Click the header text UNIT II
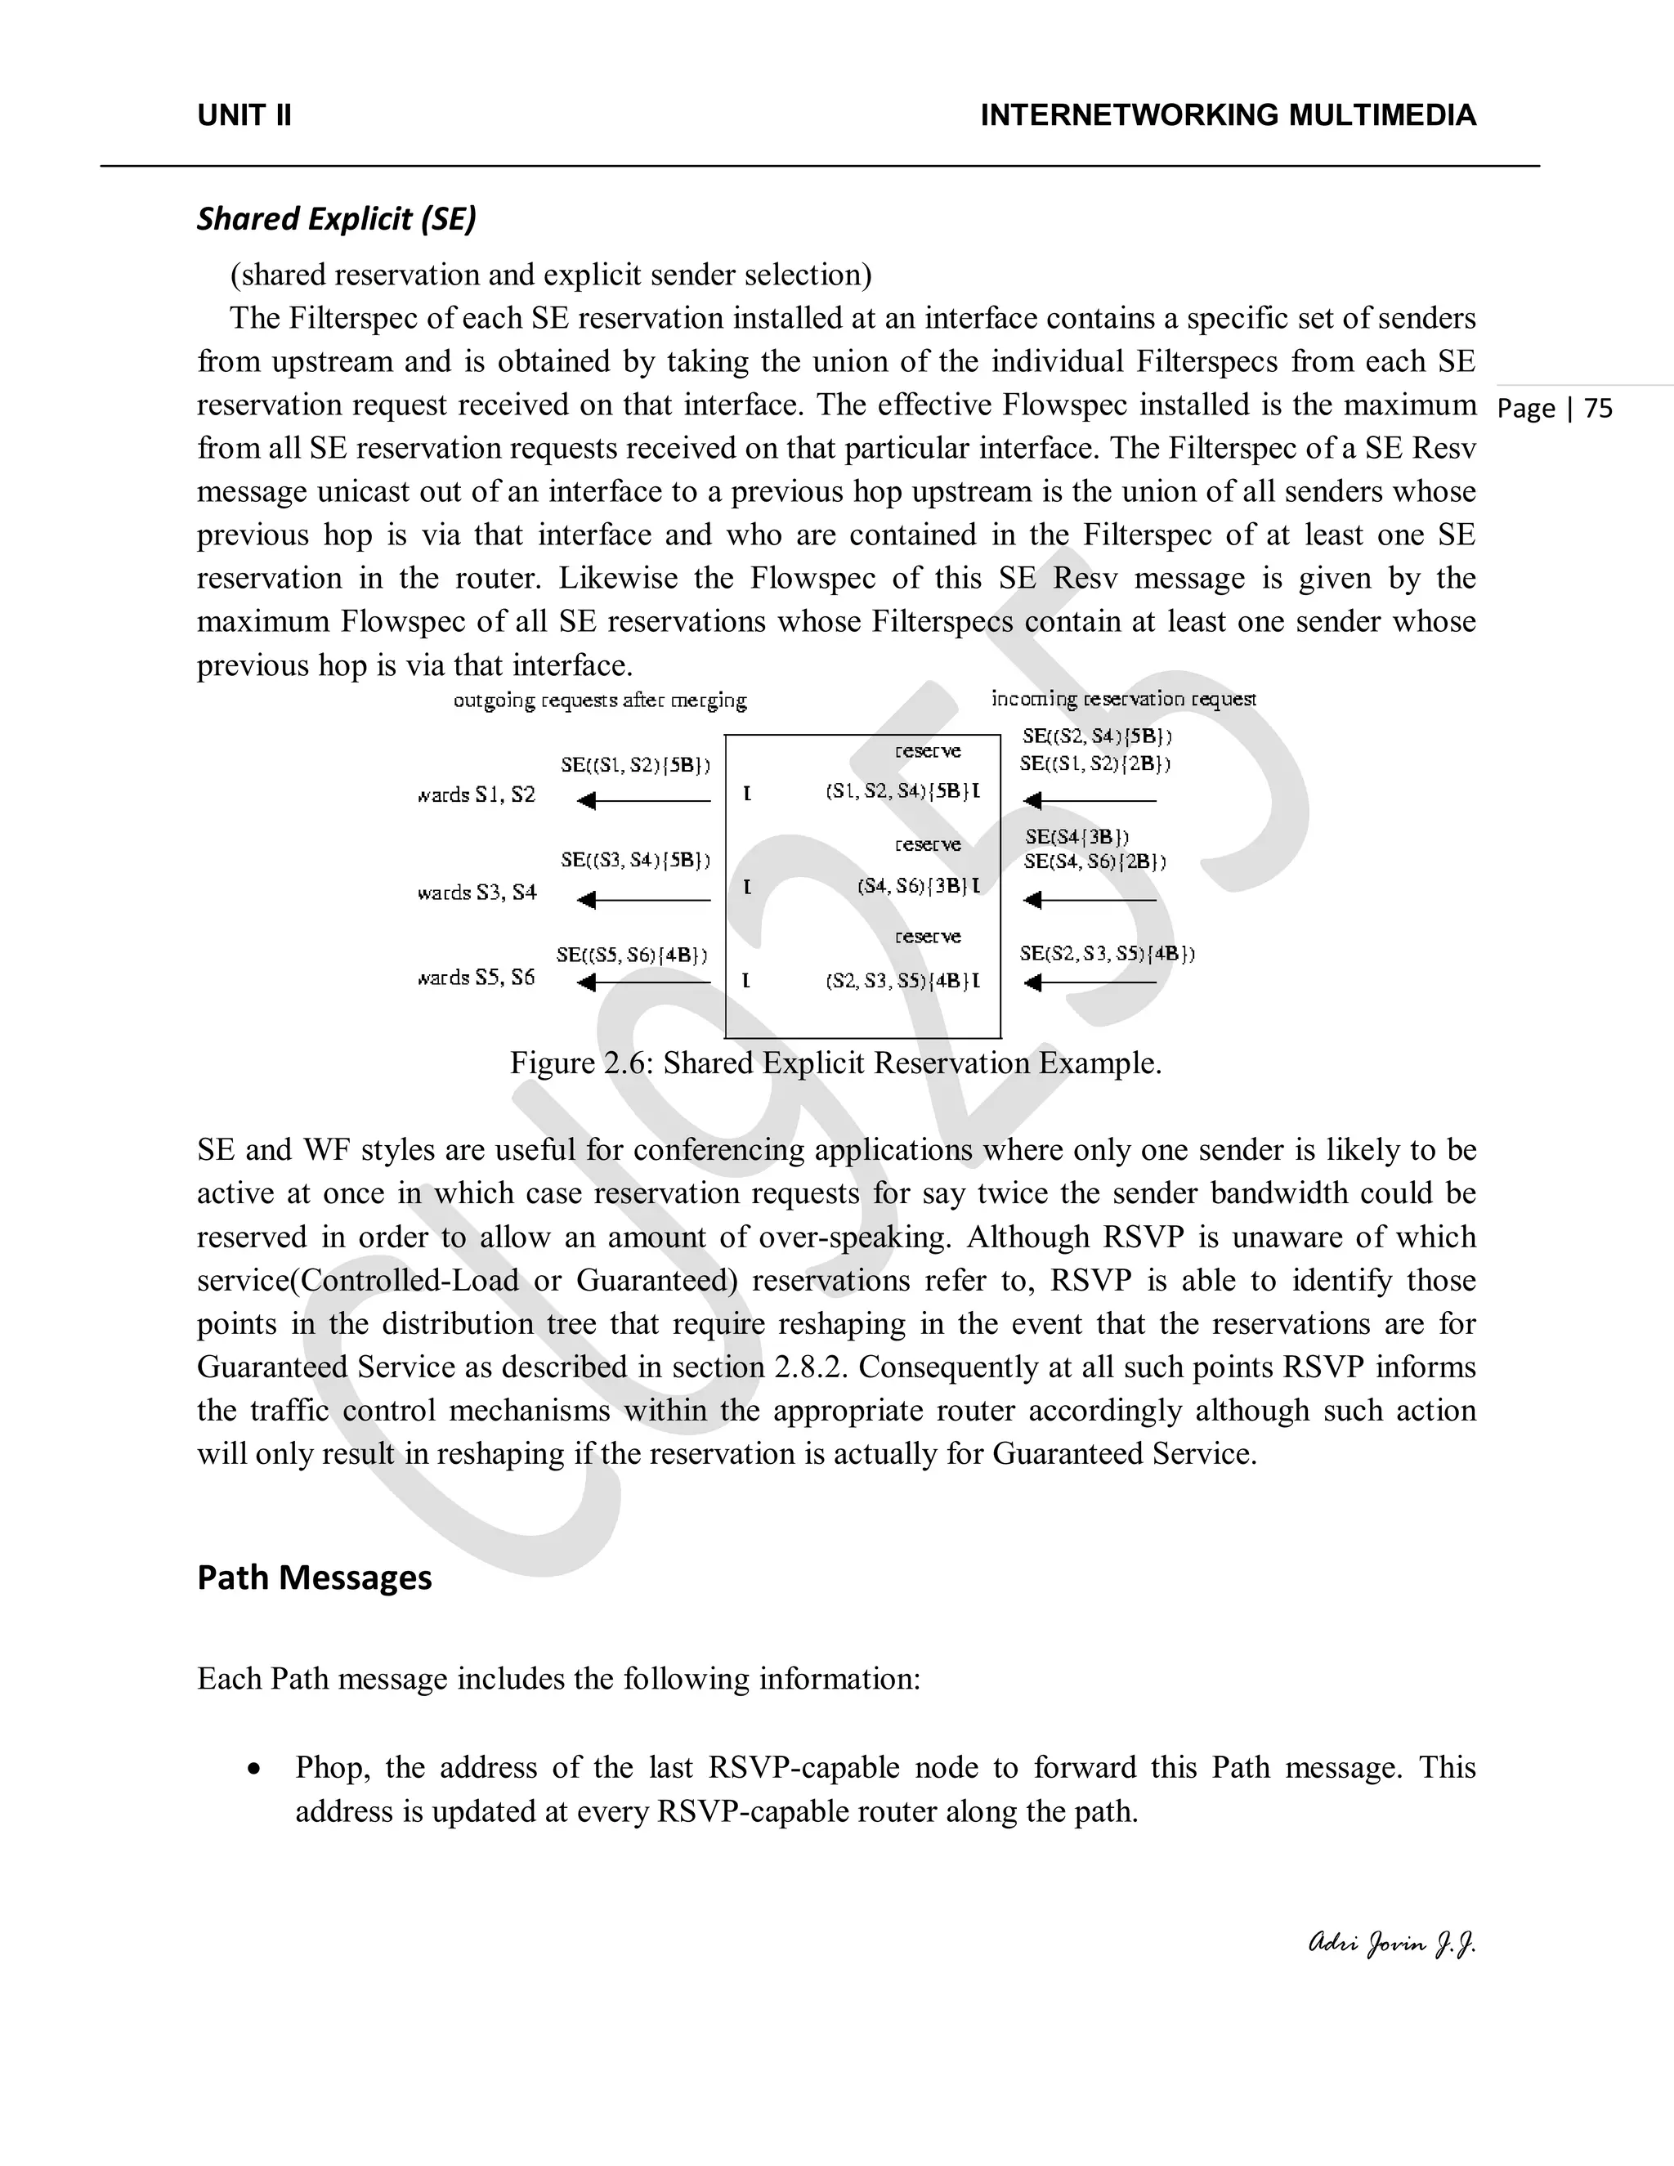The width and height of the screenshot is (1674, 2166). [x=244, y=115]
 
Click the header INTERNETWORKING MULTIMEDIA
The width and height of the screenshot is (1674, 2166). [x=1228, y=115]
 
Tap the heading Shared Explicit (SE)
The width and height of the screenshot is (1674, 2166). [x=336, y=218]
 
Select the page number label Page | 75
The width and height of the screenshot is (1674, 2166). [x=1555, y=409]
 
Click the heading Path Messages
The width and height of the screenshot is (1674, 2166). [x=315, y=1577]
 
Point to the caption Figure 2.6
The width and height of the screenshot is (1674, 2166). [x=835, y=1063]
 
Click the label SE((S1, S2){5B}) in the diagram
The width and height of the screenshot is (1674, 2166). [x=634, y=765]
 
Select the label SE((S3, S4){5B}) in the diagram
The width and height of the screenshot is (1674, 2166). [x=634, y=860]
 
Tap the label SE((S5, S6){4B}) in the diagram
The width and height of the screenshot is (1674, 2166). [x=632, y=955]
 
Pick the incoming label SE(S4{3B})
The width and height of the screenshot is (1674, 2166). [x=1077, y=837]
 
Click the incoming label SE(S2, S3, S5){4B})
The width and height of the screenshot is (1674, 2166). [x=1107, y=954]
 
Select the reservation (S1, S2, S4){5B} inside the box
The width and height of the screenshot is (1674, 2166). [x=902, y=791]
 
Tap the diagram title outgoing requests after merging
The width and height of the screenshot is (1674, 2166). [x=600, y=701]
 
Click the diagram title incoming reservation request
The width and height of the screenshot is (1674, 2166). [x=1124, y=699]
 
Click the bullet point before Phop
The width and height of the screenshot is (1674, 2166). [x=256, y=1768]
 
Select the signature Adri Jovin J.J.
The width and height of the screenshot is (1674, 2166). [x=1391, y=1944]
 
